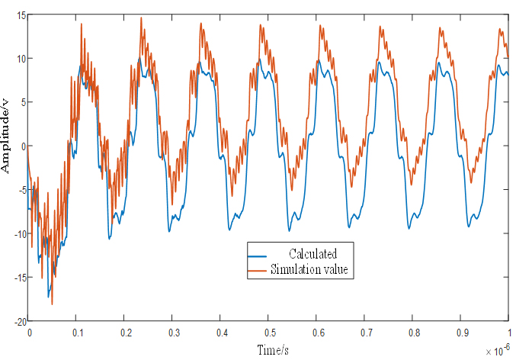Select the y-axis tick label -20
click(x=18, y=321)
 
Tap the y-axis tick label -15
click(x=18, y=278)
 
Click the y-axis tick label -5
click(x=21, y=190)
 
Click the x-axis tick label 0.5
click(x=269, y=333)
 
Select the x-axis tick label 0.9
click(x=461, y=333)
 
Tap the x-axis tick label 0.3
click(x=173, y=333)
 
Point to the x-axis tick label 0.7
click(x=365, y=333)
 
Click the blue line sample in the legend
click(x=259, y=254)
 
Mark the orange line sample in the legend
click(x=259, y=269)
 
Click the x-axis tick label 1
click(x=508, y=333)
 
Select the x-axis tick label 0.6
click(x=317, y=333)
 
